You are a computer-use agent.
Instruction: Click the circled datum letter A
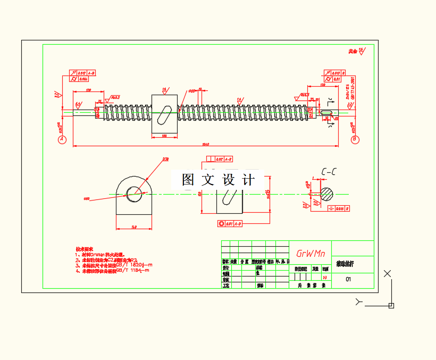62,139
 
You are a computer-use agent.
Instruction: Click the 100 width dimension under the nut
164,136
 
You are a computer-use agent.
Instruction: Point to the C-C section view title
328,172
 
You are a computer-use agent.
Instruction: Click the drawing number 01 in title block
348,279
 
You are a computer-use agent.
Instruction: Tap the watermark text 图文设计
218,180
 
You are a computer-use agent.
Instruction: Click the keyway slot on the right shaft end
328,112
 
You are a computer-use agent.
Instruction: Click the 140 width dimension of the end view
133,227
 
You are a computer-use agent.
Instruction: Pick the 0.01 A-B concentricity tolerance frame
230,224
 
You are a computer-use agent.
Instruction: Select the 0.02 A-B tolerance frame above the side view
219,159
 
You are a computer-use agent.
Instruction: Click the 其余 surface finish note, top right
353,52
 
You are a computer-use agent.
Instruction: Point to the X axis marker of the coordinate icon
387,273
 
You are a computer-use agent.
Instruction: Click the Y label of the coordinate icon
359,302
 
